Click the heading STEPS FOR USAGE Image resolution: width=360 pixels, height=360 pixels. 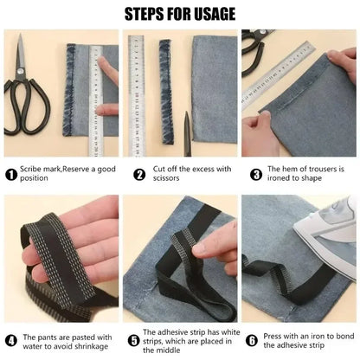179,14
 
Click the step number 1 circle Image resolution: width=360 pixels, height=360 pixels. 11,174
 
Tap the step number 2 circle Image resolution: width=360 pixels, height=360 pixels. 138,174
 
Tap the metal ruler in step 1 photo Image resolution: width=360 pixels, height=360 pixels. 94,95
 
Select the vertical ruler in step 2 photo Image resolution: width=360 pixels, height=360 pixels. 137,95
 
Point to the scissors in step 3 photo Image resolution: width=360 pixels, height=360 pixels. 254,48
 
